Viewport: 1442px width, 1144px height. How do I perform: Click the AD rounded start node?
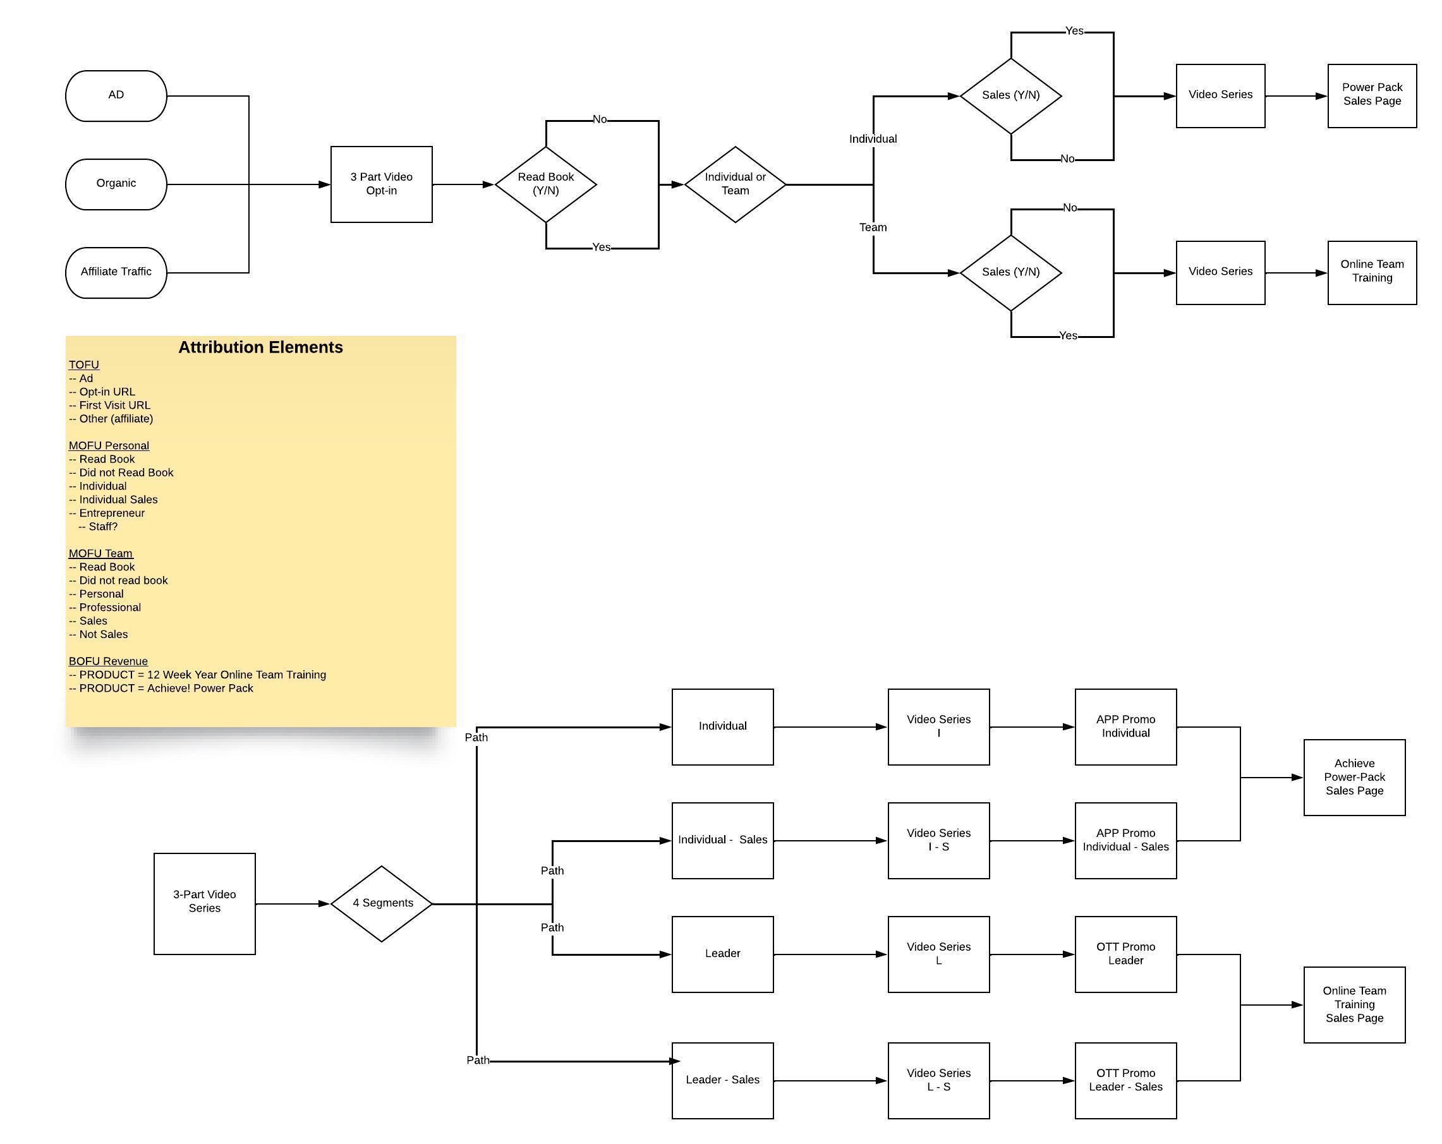pyautogui.click(x=116, y=95)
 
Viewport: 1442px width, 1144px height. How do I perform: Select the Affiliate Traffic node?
pyautogui.click(x=116, y=272)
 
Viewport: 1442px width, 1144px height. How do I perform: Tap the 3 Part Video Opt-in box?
pyautogui.click(x=381, y=184)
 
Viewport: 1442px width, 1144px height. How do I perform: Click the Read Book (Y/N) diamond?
pyautogui.click(x=546, y=184)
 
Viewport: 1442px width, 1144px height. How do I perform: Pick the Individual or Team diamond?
pyautogui.click(x=735, y=184)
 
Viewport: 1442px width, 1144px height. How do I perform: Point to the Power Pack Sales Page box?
pyautogui.click(x=1372, y=95)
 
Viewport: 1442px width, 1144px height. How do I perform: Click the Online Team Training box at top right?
pyautogui.click(x=1372, y=272)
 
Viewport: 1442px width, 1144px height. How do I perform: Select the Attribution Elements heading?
pyautogui.click(x=260, y=347)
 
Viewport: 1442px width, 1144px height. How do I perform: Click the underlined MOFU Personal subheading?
pyautogui.click(x=108, y=445)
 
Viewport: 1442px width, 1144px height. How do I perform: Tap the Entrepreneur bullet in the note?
pyautogui.click(x=111, y=513)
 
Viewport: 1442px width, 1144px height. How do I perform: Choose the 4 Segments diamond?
pyautogui.click(x=382, y=903)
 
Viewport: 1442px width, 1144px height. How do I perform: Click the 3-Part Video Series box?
pyautogui.click(x=204, y=903)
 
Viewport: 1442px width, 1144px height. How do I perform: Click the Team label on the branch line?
pyautogui.click(x=873, y=227)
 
